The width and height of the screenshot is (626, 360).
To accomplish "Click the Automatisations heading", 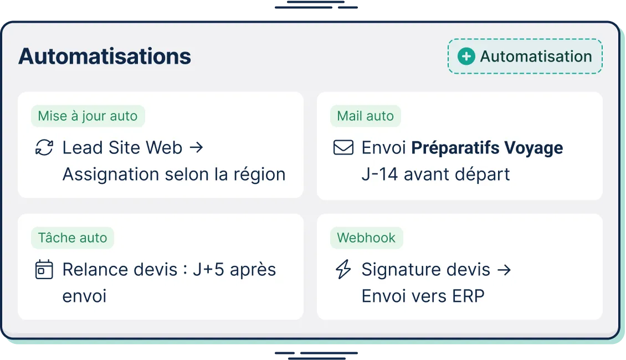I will coord(105,56).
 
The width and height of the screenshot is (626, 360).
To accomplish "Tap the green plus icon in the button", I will coord(466,56).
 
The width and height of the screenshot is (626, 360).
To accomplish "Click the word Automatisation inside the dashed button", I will coord(536,56).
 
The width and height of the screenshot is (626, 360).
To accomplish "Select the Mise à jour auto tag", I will coord(88,116).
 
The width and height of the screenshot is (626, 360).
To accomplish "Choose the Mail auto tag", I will coord(366,116).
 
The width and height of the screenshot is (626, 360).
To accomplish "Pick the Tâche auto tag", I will coord(73,238).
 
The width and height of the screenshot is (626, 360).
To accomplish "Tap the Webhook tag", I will coord(366,238).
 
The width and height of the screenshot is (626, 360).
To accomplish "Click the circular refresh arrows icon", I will coord(44,148).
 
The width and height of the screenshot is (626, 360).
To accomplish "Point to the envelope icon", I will coord(343,148).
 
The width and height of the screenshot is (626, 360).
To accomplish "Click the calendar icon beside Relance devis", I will coord(44,270).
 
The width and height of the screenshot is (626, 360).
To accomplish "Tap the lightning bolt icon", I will coord(343,270).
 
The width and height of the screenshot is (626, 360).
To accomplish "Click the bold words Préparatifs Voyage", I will coord(487,148).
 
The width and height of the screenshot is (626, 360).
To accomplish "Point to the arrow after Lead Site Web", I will coord(196,148).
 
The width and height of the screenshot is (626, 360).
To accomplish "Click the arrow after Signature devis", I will coord(504,270).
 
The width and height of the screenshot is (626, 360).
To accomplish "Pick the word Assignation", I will coord(108,174).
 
